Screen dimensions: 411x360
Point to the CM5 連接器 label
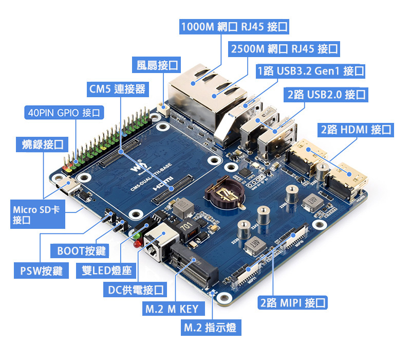click(117, 89)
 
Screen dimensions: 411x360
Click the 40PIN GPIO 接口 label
click(65, 112)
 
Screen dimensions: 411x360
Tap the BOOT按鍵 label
click(81, 250)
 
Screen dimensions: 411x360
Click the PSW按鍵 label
click(41, 270)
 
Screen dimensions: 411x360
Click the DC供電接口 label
click(135, 290)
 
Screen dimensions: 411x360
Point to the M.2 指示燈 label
click(210, 328)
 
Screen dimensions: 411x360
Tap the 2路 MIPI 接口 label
click(293, 303)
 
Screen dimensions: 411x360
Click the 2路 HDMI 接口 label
click(356, 130)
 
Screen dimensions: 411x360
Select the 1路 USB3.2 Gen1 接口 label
click(311, 70)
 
